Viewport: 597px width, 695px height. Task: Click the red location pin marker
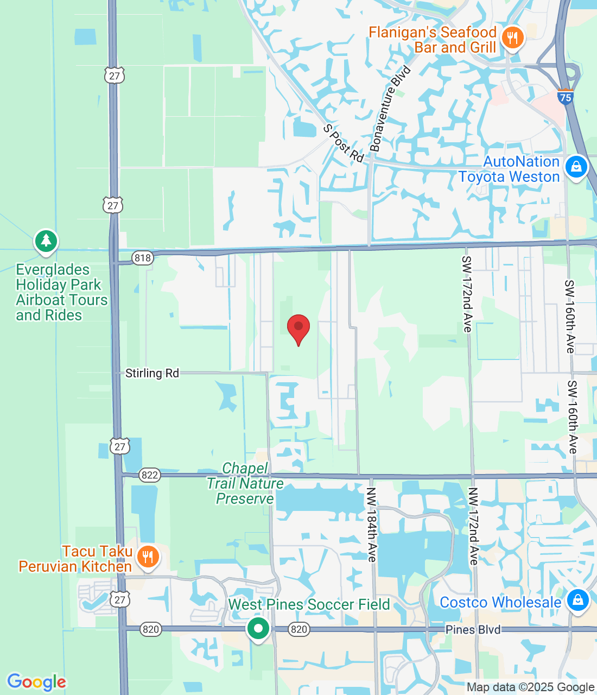[x=298, y=328]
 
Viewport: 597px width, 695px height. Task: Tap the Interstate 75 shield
[x=566, y=97]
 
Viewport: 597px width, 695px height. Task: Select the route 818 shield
[x=143, y=257]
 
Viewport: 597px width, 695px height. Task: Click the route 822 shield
[x=149, y=475]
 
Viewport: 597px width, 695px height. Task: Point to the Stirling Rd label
[x=152, y=373]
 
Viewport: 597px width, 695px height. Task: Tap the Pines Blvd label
[x=473, y=629]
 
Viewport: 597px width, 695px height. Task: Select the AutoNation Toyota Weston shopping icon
[x=576, y=167]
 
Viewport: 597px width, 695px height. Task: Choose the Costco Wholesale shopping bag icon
[x=577, y=600]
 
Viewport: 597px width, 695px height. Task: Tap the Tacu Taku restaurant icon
[x=147, y=557]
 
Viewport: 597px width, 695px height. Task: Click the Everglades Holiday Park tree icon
[x=46, y=241]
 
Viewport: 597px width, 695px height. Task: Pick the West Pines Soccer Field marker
[x=258, y=629]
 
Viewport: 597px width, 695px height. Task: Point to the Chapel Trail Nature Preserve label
[x=245, y=483]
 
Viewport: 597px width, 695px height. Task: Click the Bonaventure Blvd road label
[x=390, y=109]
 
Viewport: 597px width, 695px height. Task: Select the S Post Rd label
[x=343, y=143]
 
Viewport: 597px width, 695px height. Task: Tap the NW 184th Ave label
[x=371, y=525]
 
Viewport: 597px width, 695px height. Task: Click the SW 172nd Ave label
[x=467, y=294]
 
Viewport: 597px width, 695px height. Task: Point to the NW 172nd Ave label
[x=473, y=526]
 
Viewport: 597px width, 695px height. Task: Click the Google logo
[x=36, y=682]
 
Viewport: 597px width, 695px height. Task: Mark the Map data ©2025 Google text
[x=530, y=687]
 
